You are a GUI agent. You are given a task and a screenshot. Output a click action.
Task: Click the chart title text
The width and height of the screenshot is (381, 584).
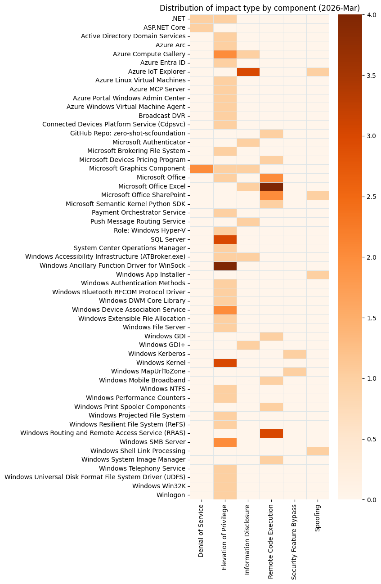point(260,8)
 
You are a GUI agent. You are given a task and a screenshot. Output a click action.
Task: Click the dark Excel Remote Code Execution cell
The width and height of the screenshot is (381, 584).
point(271,186)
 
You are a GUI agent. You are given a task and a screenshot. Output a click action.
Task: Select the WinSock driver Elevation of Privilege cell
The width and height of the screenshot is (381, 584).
point(225,265)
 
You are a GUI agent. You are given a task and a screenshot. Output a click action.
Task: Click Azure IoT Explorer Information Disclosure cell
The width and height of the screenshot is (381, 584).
point(248,72)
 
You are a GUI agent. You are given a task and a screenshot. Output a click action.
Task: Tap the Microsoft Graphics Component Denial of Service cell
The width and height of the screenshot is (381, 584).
point(202,169)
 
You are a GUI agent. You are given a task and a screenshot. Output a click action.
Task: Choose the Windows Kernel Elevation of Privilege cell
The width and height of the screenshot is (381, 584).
point(225,363)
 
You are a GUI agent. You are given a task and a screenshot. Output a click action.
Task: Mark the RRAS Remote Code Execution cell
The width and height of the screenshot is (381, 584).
point(271,433)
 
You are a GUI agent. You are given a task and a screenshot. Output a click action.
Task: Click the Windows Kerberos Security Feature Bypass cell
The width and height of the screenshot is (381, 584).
point(295,354)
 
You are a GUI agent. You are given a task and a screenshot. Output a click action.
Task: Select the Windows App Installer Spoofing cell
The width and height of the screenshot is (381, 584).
point(318,274)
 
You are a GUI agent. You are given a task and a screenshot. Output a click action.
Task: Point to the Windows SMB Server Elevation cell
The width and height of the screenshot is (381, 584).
point(225,442)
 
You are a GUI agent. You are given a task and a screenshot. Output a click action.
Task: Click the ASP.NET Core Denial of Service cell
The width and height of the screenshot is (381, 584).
point(202,27)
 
